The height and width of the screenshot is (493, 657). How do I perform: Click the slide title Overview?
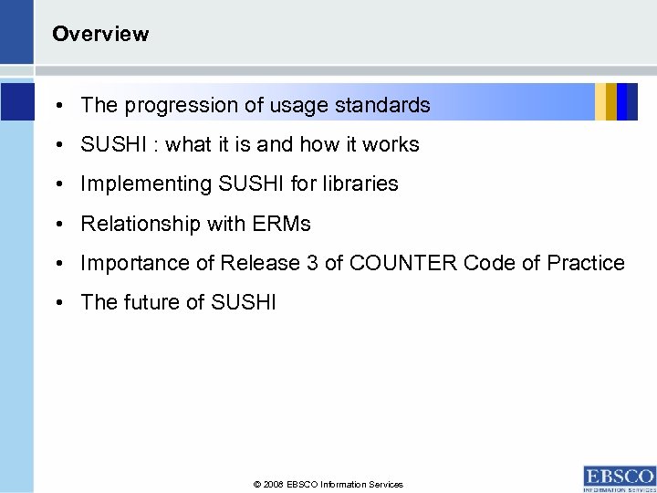coord(100,35)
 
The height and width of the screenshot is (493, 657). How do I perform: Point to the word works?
coord(392,145)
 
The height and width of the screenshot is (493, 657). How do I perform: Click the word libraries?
coord(362,184)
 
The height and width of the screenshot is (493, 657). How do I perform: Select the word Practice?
coord(586,264)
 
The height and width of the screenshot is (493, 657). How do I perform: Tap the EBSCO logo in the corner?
coord(619,478)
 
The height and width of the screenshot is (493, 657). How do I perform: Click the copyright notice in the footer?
coord(328,485)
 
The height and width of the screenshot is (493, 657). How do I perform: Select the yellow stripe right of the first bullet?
coord(600,101)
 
